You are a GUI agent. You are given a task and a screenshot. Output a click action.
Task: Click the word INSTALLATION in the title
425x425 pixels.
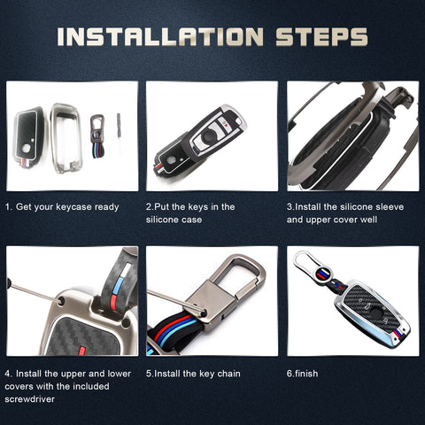pyautogui.click(x=160, y=37)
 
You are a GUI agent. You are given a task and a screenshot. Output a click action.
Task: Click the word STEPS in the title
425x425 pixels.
pyautogui.click(x=321, y=37)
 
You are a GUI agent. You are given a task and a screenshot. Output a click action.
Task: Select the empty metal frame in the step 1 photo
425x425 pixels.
pyautogui.click(x=66, y=137)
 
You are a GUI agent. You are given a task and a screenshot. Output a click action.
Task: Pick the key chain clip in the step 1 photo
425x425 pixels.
pyautogui.click(x=97, y=135)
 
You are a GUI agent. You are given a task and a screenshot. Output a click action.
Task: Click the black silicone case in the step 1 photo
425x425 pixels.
pyautogui.click(x=28, y=136)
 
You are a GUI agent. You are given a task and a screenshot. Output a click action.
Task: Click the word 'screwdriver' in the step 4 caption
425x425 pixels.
pyautogui.click(x=30, y=399)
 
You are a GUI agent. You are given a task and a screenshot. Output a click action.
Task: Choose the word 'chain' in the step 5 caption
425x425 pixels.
pyautogui.click(x=228, y=374)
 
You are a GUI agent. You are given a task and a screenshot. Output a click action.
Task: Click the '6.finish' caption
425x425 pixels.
pyautogui.click(x=303, y=374)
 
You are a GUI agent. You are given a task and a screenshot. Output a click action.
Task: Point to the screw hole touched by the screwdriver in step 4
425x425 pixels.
pyautogui.click(x=62, y=301)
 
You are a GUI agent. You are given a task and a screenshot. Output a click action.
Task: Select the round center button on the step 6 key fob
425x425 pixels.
pyautogui.click(x=375, y=313)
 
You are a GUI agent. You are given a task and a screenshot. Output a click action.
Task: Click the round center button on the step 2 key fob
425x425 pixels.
pyautogui.click(x=209, y=135)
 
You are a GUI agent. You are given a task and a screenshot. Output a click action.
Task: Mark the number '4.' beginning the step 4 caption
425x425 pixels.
pyautogui.click(x=9, y=374)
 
